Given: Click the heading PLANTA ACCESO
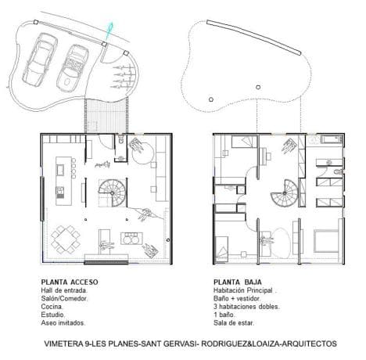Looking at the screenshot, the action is [x=70, y=282].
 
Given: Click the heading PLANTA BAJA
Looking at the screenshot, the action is [x=238, y=282].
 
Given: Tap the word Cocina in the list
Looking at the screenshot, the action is [x=52, y=307].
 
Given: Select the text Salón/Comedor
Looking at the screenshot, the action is [x=64, y=298].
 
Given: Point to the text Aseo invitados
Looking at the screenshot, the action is [x=63, y=322].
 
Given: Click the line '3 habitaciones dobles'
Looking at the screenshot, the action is [x=246, y=307].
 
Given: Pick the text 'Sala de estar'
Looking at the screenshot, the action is [x=234, y=322].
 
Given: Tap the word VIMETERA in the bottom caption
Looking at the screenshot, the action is [x=63, y=344].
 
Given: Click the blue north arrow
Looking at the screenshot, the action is [x=109, y=31].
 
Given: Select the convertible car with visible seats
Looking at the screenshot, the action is [x=73, y=68].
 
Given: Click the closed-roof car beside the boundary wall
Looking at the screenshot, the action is [x=40, y=59].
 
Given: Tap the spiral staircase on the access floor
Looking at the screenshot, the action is [x=112, y=193].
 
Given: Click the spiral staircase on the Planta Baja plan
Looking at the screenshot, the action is [x=284, y=193].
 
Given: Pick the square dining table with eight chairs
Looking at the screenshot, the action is [x=66, y=239].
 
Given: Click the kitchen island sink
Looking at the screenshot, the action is [x=61, y=170].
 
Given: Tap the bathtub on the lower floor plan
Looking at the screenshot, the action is [x=332, y=139].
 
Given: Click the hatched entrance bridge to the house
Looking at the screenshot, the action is [x=106, y=115].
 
